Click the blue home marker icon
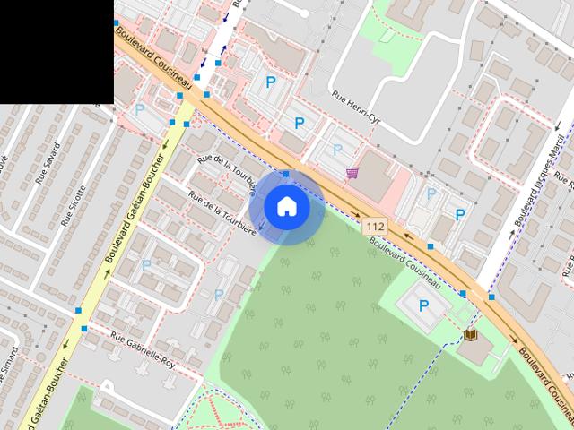click(x=286, y=207)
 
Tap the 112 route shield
click(x=375, y=228)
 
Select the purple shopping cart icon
click(x=352, y=172)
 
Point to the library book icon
click(x=470, y=334)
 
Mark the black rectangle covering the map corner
click(x=57, y=51)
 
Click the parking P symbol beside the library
click(x=424, y=305)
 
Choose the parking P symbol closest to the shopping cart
click(x=337, y=150)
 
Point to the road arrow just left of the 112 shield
click(x=357, y=215)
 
